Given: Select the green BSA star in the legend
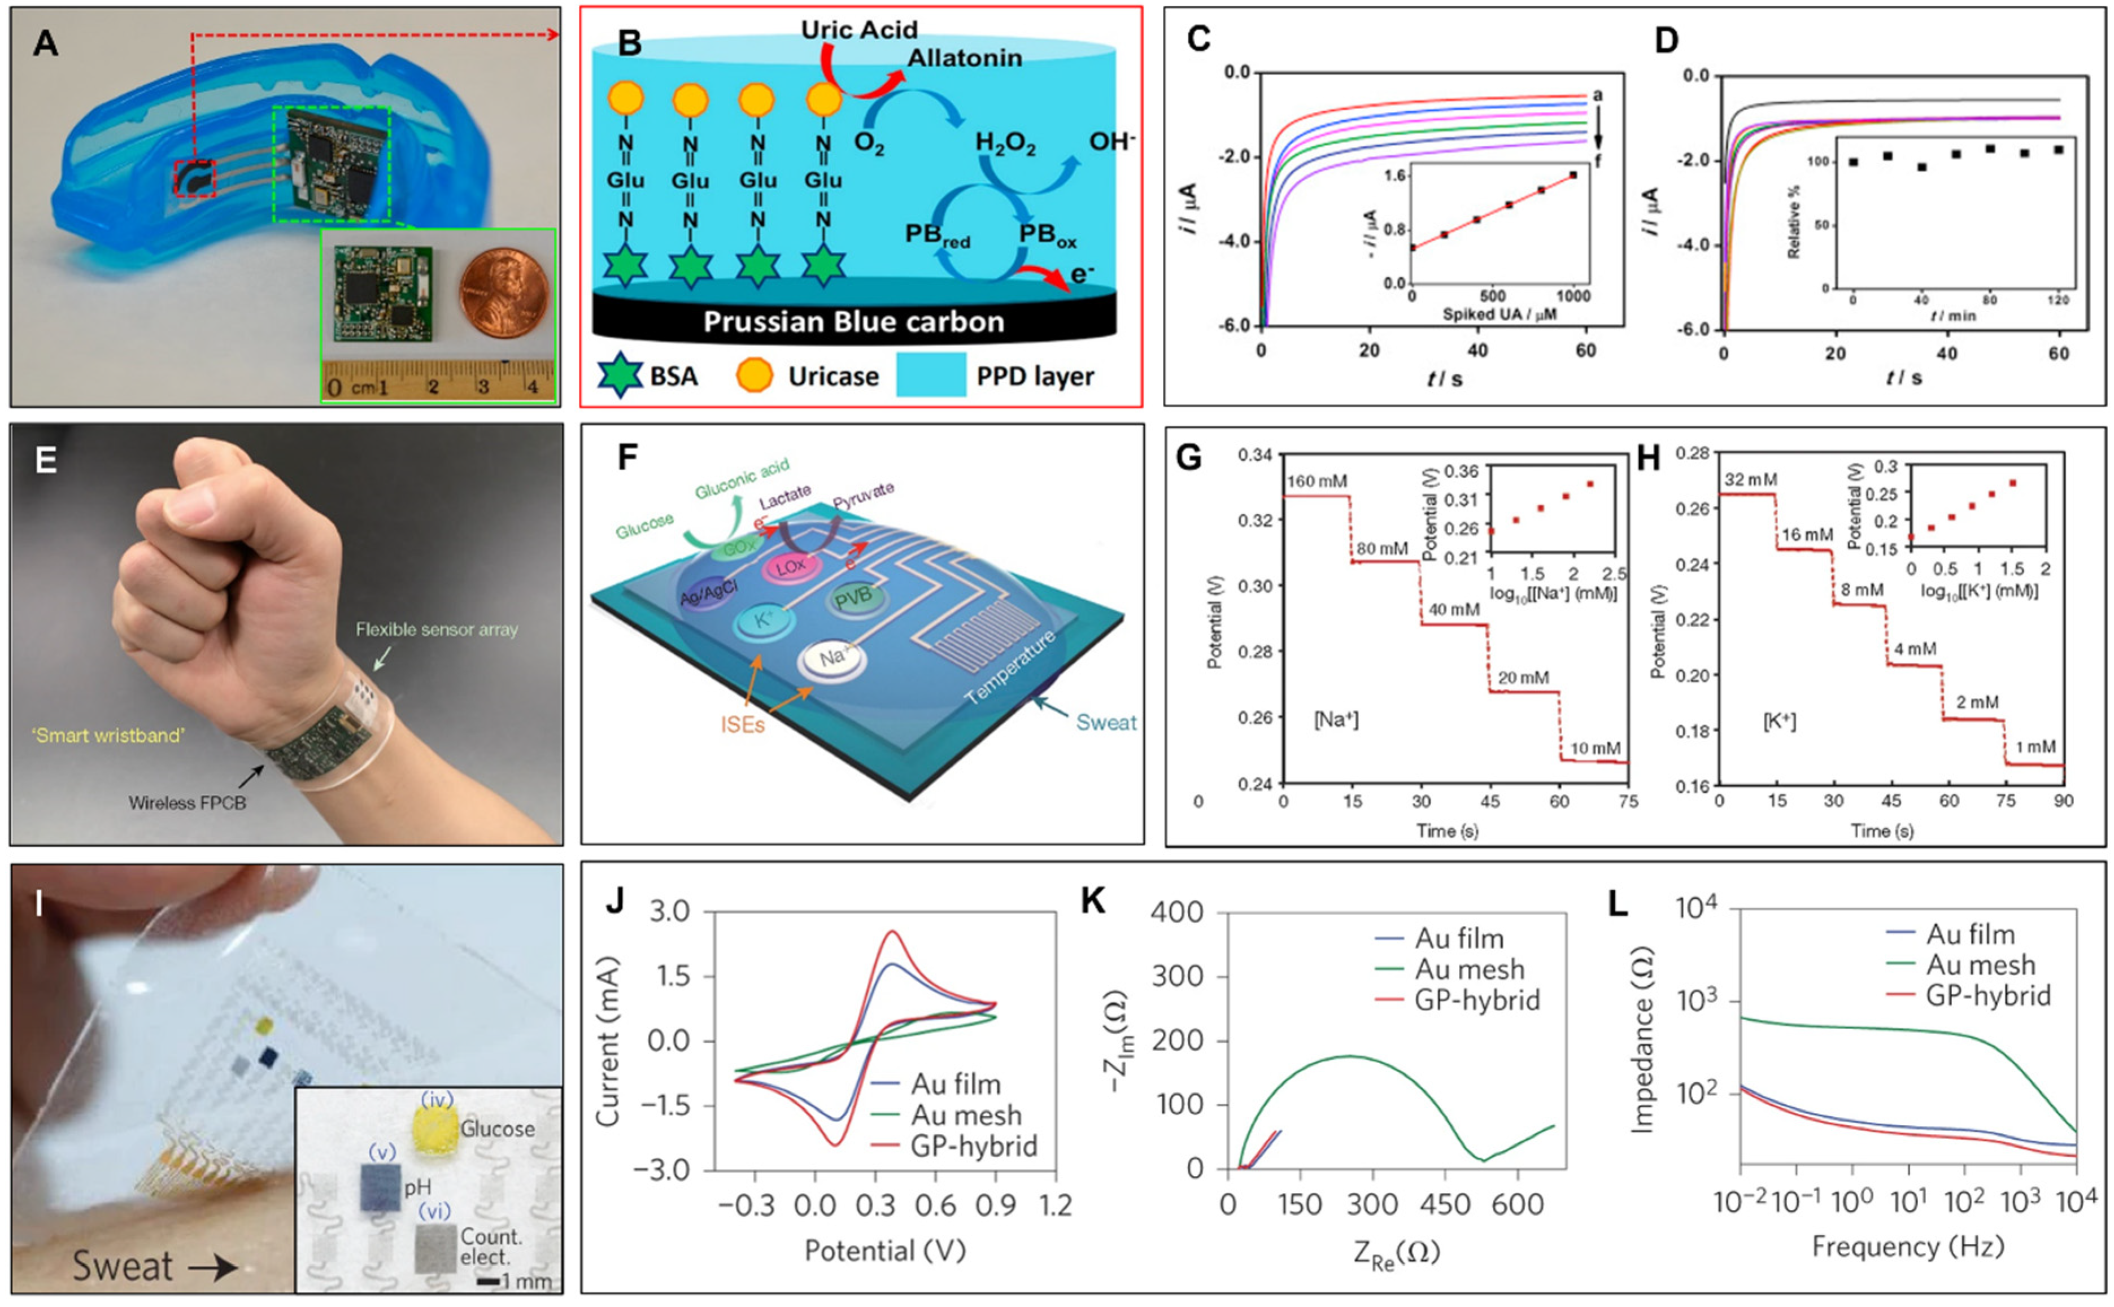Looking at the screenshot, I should coord(620,376).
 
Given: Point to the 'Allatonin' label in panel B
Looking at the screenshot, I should coord(964,59).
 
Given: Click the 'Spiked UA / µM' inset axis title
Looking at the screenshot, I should coord(1500,314).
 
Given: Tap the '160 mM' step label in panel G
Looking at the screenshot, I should coord(1317,482).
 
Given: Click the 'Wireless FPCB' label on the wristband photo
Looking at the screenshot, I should coord(187,803).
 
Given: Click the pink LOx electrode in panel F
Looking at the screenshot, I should coord(790,566).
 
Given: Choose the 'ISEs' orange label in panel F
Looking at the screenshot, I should coord(743,724).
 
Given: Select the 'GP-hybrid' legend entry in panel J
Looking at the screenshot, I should coord(974,1146).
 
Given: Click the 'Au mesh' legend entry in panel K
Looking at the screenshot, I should coord(1470,969).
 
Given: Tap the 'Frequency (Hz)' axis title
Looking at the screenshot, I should coord(1907,1247).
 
